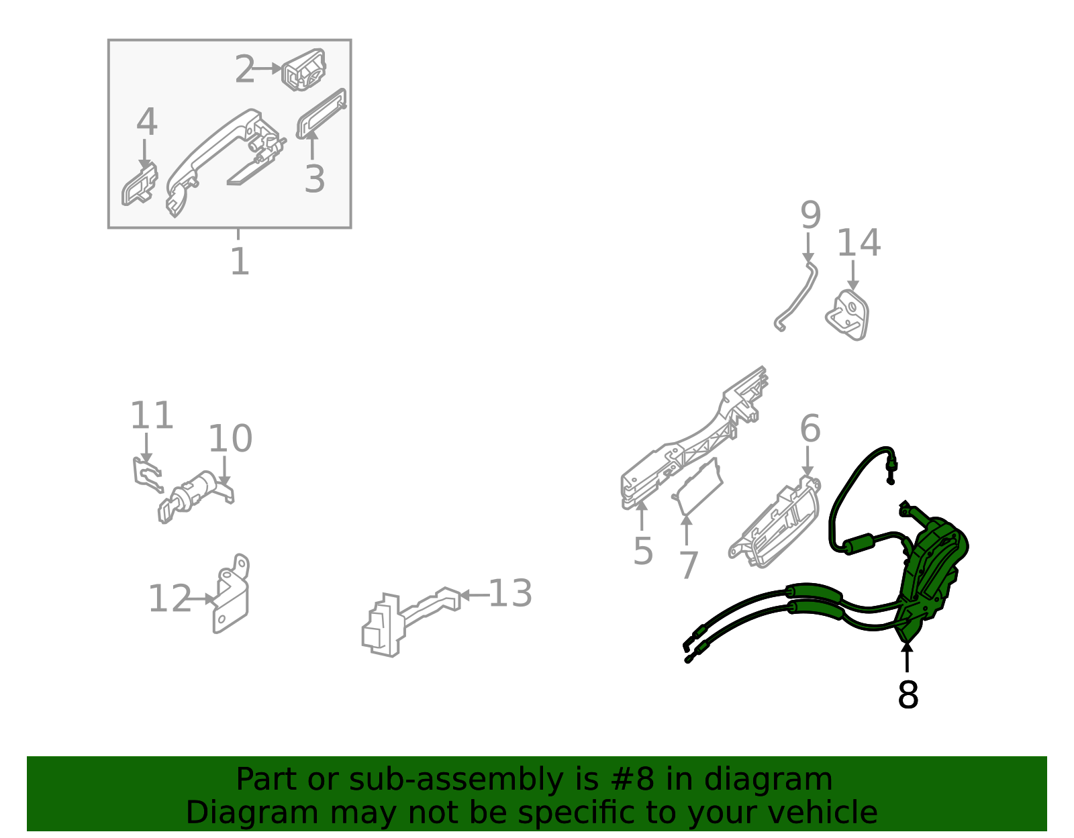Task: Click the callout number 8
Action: tap(907, 695)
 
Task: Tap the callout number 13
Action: tap(510, 593)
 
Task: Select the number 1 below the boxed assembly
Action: tap(240, 262)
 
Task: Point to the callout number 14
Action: tap(859, 242)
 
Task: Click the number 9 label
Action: tap(811, 215)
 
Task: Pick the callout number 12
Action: tap(170, 598)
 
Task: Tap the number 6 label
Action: tap(810, 429)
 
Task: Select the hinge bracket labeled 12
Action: tap(231, 594)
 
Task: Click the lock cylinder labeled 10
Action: tap(196, 496)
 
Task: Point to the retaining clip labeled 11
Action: tap(147, 474)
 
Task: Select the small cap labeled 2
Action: tap(303, 70)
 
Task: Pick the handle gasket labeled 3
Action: tap(322, 113)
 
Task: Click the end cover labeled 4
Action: tap(140, 185)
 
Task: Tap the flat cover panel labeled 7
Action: tap(697, 486)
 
